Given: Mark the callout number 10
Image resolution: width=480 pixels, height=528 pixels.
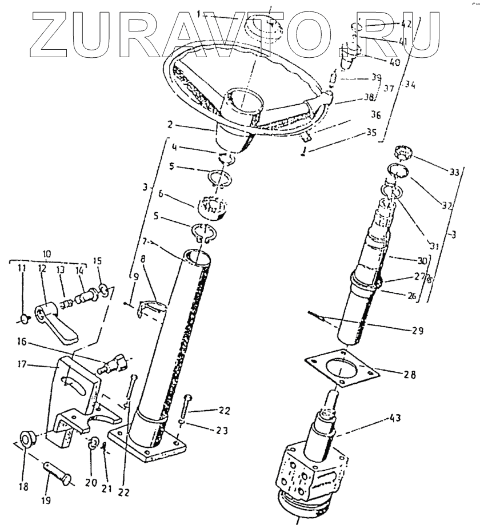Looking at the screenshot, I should coord(47,252).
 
